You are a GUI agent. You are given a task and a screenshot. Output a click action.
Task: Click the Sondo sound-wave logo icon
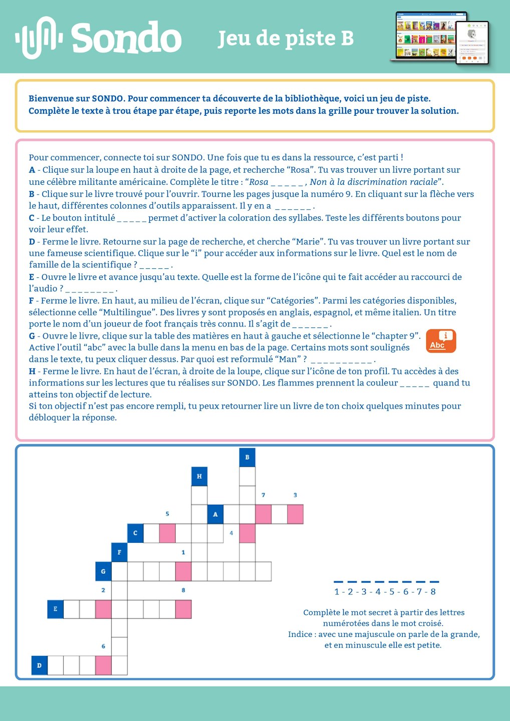coord(39,37)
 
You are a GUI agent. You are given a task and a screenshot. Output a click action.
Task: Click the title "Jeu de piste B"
coord(286,39)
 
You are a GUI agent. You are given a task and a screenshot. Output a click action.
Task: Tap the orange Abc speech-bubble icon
coord(441,341)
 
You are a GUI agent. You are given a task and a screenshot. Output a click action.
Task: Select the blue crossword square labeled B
coord(247,457)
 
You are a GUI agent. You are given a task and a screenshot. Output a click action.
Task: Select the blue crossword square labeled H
coord(199,476)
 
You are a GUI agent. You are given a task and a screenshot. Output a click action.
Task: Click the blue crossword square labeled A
coord(215,514)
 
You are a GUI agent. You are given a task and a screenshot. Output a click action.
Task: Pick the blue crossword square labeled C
coord(135,533)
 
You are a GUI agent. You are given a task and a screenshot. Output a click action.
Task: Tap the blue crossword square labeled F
coord(119,552)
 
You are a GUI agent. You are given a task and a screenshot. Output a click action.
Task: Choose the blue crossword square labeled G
coord(103,571)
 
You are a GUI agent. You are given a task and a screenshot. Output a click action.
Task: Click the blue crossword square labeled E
coord(56,609)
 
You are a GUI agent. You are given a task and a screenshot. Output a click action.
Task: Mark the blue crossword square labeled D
coord(39,665)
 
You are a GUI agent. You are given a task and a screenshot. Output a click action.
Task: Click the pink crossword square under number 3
coord(295,514)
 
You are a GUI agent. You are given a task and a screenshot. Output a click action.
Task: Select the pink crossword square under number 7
coord(264,514)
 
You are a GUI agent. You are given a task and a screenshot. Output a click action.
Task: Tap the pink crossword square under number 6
coord(103,665)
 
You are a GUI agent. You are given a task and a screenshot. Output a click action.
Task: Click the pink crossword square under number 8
coord(183,609)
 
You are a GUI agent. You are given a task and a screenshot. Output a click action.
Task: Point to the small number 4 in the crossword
coord(231,533)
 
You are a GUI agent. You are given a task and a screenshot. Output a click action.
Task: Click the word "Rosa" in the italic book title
coord(259,182)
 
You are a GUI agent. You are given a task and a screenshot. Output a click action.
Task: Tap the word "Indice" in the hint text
coord(300,634)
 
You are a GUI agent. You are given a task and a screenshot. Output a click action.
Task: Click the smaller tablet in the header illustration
coord(472,43)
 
